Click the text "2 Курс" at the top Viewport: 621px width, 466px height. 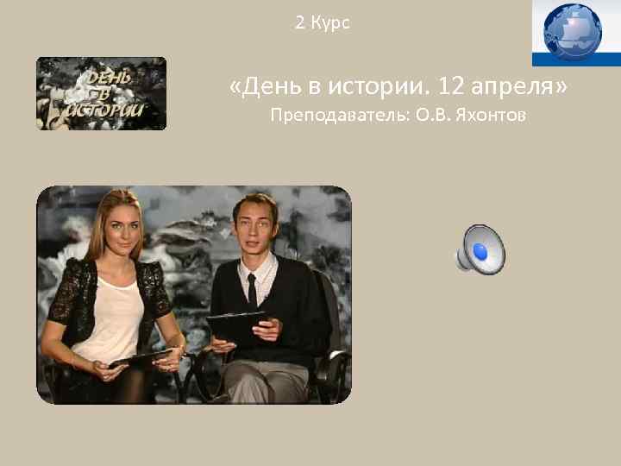coord(323,23)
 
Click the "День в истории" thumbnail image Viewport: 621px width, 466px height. coord(101,93)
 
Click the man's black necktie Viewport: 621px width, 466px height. coord(252,289)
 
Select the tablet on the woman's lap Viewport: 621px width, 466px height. coord(142,356)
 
